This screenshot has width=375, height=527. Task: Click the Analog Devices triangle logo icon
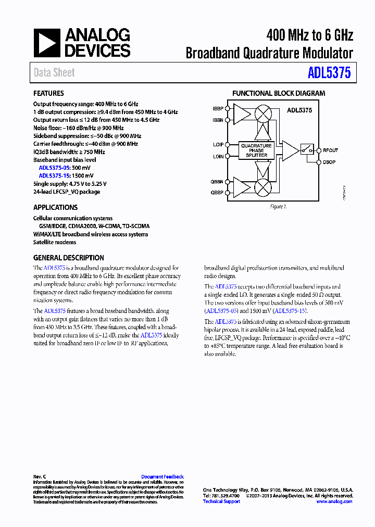click(x=47, y=43)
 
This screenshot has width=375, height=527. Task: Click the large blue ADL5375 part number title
click(x=329, y=73)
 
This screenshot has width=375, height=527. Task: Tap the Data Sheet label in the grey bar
click(x=54, y=73)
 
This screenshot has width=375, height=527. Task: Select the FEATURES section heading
click(x=48, y=93)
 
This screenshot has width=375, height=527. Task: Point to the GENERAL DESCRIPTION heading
click(x=68, y=258)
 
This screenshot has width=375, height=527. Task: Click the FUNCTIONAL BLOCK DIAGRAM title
click(x=278, y=93)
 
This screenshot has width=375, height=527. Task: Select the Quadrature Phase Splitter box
click(x=256, y=150)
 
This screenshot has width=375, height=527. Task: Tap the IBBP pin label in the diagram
click(x=218, y=109)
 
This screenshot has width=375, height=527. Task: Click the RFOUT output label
click(x=330, y=150)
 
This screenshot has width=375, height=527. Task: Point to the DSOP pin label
click(x=329, y=162)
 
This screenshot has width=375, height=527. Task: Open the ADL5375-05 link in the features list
click(x=54, y=168)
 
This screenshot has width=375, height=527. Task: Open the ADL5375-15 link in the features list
click(x=54, y=175)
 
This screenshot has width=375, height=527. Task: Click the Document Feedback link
click(x=162, y=476)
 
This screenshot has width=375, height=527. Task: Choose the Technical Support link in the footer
click(x=221, y=501)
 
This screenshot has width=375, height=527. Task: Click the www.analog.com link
click(x=334, y=501)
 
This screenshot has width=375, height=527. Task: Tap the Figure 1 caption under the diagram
click(x=278, y=207)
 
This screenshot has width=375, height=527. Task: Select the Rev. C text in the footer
click(x=40, y=476)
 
